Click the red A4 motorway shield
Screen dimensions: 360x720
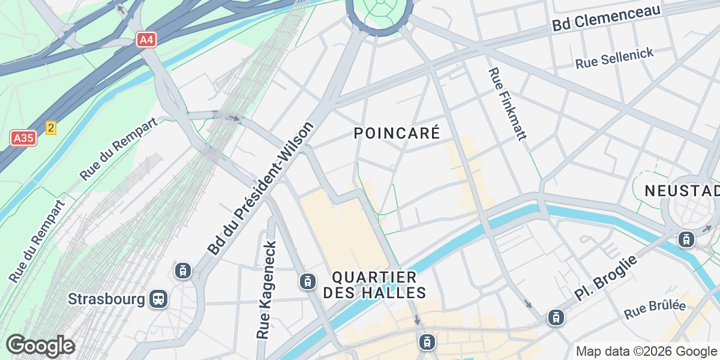coord(146,40)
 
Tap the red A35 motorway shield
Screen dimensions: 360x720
coord(23,139)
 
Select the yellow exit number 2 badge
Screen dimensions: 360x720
coord(51,128)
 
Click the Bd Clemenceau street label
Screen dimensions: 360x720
coord(606,17)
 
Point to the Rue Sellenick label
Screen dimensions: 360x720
coord(614,58)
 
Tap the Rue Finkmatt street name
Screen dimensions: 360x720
coord(507,104)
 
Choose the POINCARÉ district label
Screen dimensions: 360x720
coord(397,133)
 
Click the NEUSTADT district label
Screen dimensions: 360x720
coord(682,191)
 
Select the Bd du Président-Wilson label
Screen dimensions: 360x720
coord(261,188)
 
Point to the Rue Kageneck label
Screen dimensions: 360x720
coord(267,290)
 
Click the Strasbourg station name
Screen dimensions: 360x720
coord(106,299)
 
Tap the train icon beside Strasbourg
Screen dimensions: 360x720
coord(158,298)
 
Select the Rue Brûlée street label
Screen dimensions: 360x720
coord(655,310)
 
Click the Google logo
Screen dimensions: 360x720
coord(40,346)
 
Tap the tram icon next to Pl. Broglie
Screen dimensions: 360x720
coord(556,318)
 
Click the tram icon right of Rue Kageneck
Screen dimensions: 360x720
coord(307,281)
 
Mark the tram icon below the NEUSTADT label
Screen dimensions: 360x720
coord(686,239)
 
